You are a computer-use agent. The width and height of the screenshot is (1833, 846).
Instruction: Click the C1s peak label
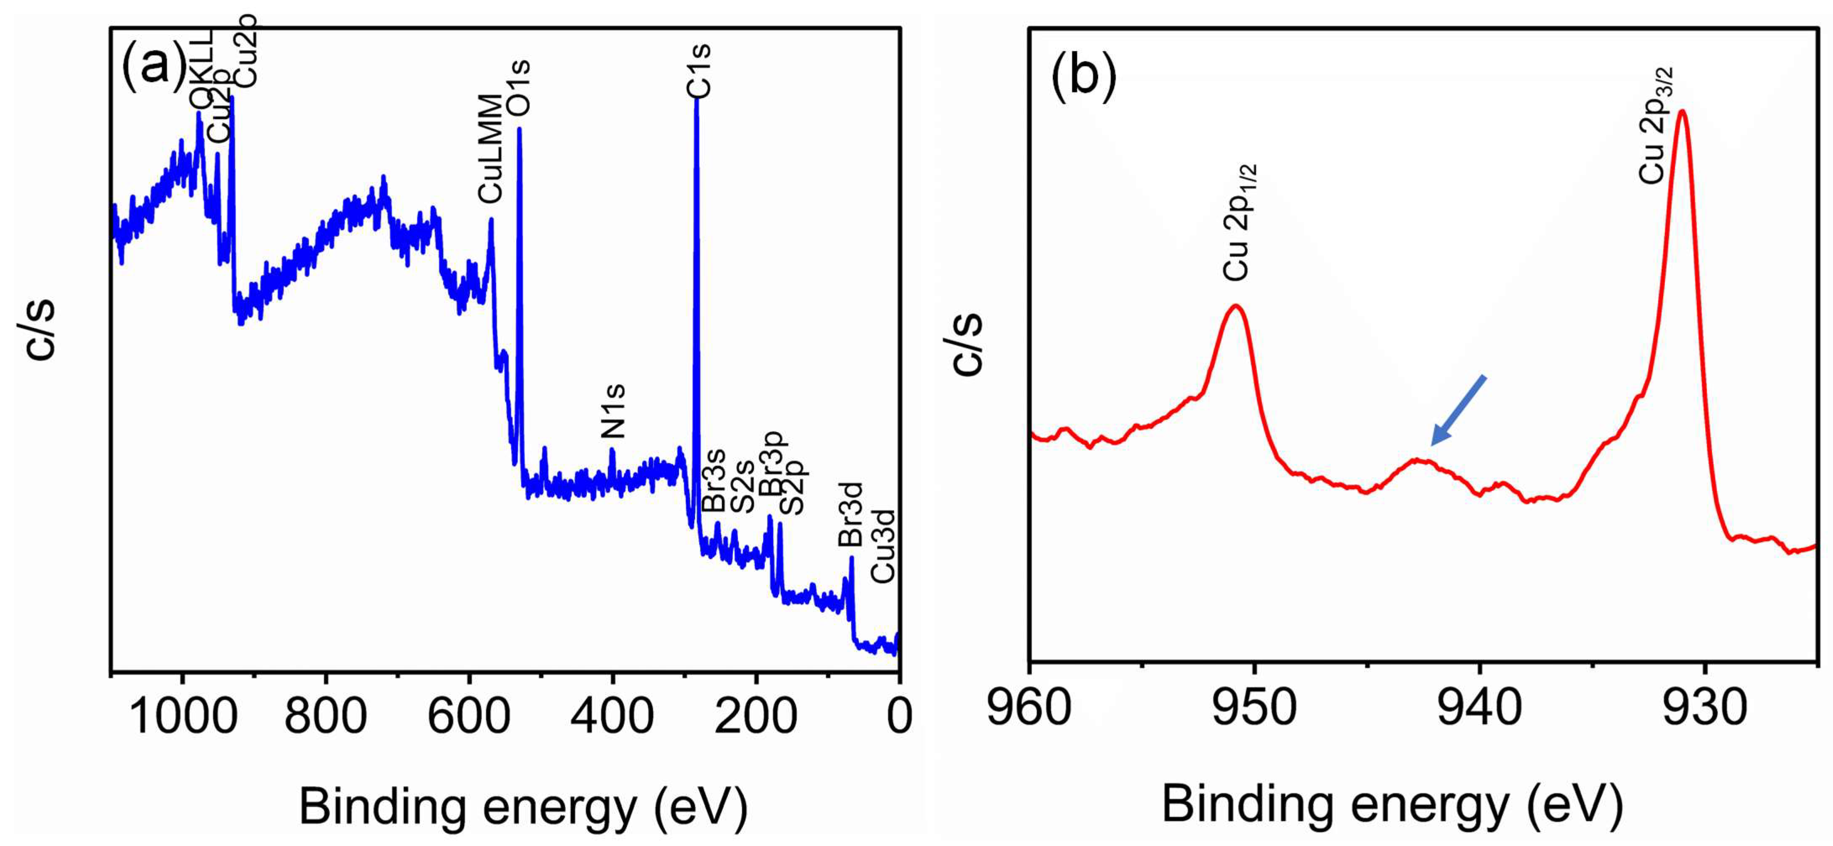tap(698, 70)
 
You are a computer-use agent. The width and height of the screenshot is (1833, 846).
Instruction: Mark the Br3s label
tap(713, 480)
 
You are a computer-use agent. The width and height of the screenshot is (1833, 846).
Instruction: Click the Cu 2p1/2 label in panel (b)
tap(1239, 222)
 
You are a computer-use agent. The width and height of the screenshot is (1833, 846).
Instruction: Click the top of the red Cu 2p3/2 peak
tap(1682, 111)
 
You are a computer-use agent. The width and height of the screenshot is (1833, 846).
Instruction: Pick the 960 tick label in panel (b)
tap(1030, 709)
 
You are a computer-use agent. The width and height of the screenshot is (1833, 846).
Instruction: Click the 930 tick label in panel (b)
tap(1705, 709)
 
